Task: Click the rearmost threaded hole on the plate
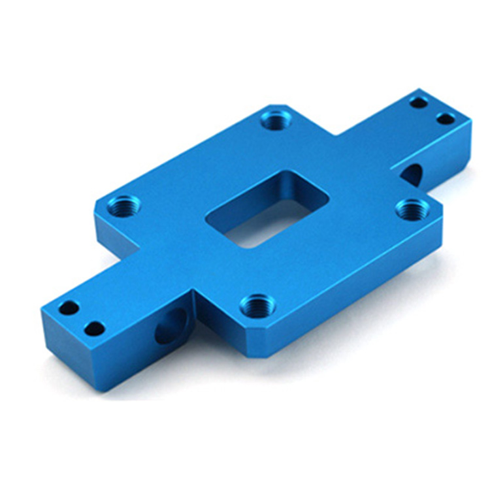coord(276,120)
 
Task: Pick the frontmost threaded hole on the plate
coord(257,304)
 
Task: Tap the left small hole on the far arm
coord(418,102)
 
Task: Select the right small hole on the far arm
coord(446,119)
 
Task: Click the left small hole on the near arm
coord(68,308)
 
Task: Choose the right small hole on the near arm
coord(95,329)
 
